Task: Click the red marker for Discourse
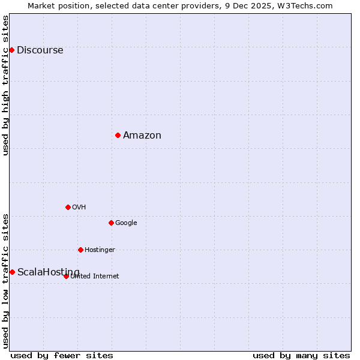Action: tap(11, 50)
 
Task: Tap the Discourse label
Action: tap(40, 50)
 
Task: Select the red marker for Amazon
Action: tap(118, 135)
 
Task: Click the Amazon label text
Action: tap(142, 136)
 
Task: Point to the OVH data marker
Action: tap(68, 207)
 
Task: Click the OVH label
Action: tap(79, 208)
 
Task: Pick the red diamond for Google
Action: tap(111, 223)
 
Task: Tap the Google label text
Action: tap(126, 223)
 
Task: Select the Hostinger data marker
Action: tap(80, 250)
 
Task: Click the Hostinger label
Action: tap(100, 250)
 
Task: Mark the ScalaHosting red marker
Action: tap(12, 272)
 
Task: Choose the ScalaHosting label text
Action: tap(48, 272)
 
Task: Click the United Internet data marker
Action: tap(66, 276)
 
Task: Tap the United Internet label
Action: tap(95, 277)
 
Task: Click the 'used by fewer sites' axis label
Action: tap(62, 355)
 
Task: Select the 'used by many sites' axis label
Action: tap(301, 355)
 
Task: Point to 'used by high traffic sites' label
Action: tap(6, 85)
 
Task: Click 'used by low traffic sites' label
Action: tap(6, 280)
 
